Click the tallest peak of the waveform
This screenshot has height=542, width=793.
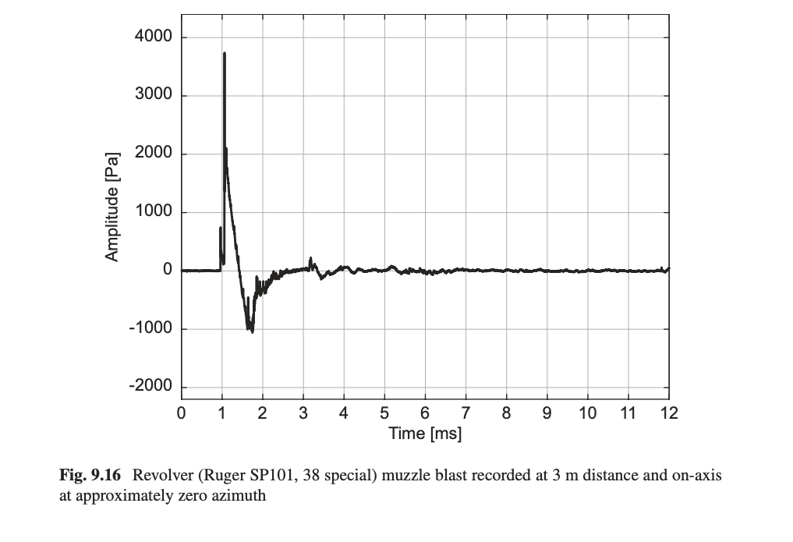coord(225,54)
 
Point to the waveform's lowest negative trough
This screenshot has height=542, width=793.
coord(252,331)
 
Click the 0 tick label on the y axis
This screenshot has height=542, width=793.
coord(167,271)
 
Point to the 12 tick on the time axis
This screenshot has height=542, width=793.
coord(668,413)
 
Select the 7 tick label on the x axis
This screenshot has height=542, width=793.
coord(466,413)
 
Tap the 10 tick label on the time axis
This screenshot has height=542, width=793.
coord(587,413)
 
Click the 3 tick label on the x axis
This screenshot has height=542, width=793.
coord(303,413)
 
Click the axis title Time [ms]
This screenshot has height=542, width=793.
coord(425,434)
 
